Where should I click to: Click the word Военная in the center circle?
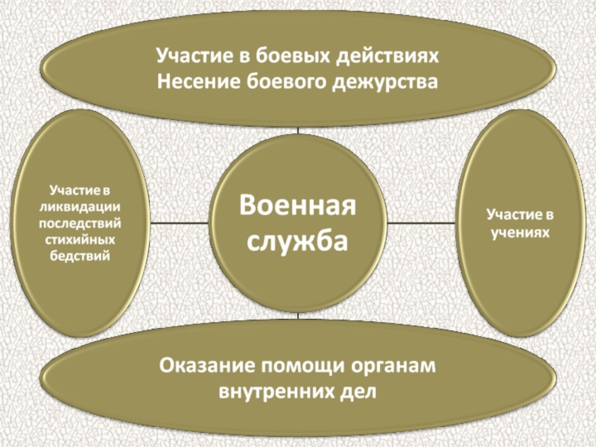(x=297, y=206)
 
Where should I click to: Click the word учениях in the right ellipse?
(x=521, y=233)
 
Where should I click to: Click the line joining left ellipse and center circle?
(x=180, y=223)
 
